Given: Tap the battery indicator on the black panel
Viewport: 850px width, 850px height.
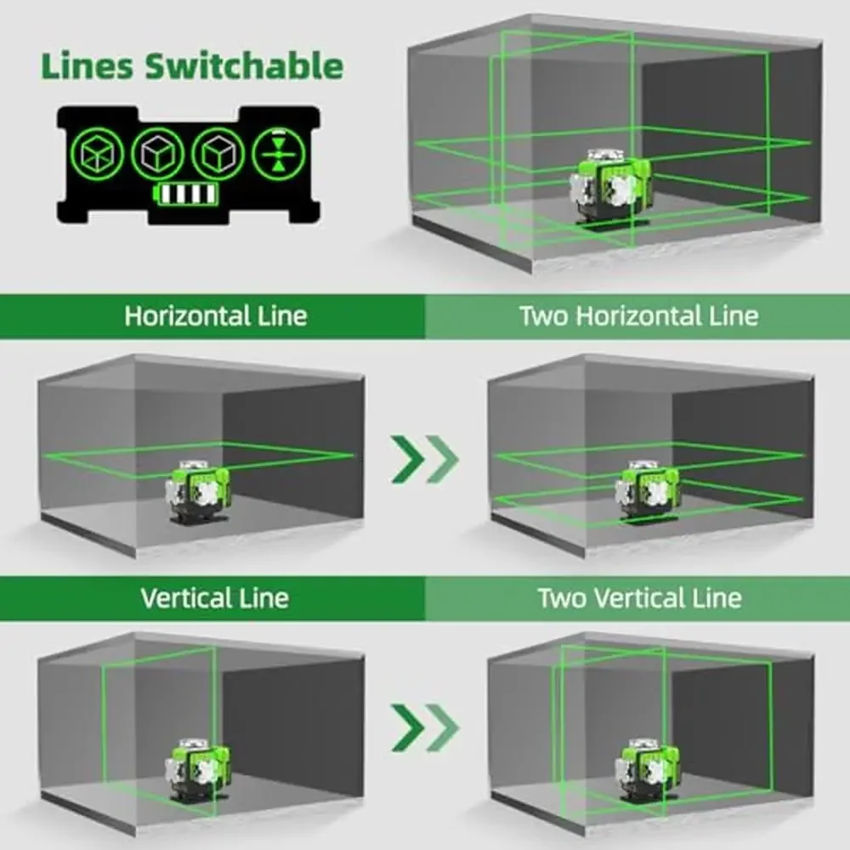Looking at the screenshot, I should [x=186, y=195].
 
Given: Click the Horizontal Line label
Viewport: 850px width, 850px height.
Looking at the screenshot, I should [x=216, y=316].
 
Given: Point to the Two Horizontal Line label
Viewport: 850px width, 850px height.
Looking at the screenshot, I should [x=638, y=316].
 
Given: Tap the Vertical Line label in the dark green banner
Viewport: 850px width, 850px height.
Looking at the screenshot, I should [x=214, y=598].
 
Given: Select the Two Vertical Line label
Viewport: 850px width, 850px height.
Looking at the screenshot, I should [x=639, y=598].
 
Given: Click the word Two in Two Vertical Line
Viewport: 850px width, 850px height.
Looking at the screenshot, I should [x=562, y=598].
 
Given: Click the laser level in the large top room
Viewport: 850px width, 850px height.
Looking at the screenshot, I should [x=610, y=186].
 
